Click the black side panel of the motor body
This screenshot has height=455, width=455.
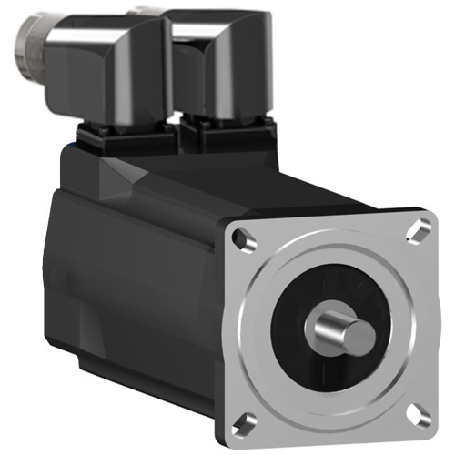point(136,273)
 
